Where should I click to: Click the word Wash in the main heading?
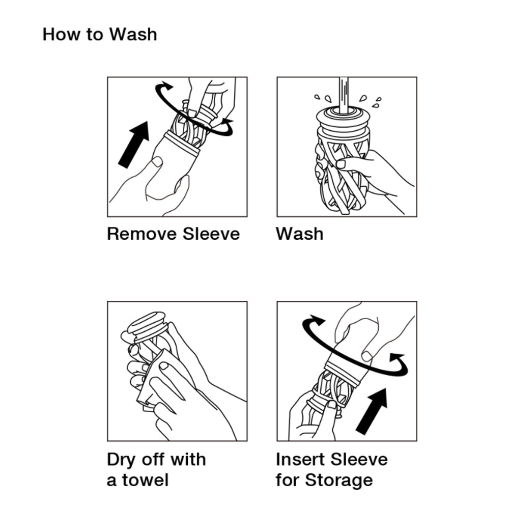[x=133, y=35]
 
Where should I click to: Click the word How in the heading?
[x=61, y=35]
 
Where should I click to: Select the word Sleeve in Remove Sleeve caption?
[x=211, y=234]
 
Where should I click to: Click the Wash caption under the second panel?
[x=300, y=234]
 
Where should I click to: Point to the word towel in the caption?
[x=145, y=480]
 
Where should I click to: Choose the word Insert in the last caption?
[x=301, y=459]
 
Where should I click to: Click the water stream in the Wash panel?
[x=344, y=95]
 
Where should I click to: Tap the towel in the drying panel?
[x=157, y=378]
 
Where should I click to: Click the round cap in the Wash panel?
[x=343, y=117]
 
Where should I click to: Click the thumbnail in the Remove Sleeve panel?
[x=157, y=162]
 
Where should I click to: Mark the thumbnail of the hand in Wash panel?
[x=341, y=163]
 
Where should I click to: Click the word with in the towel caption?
[x=188, y=459]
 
